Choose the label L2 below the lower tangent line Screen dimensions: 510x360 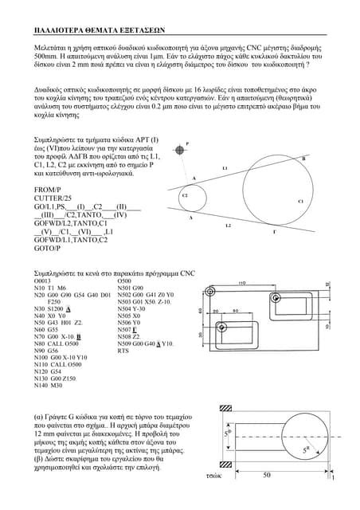pos(228,226)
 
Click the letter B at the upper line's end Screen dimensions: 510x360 pos(304,159)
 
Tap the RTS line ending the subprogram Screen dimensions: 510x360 pos(123,351)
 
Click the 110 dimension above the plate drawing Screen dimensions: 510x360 pos(242,282)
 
